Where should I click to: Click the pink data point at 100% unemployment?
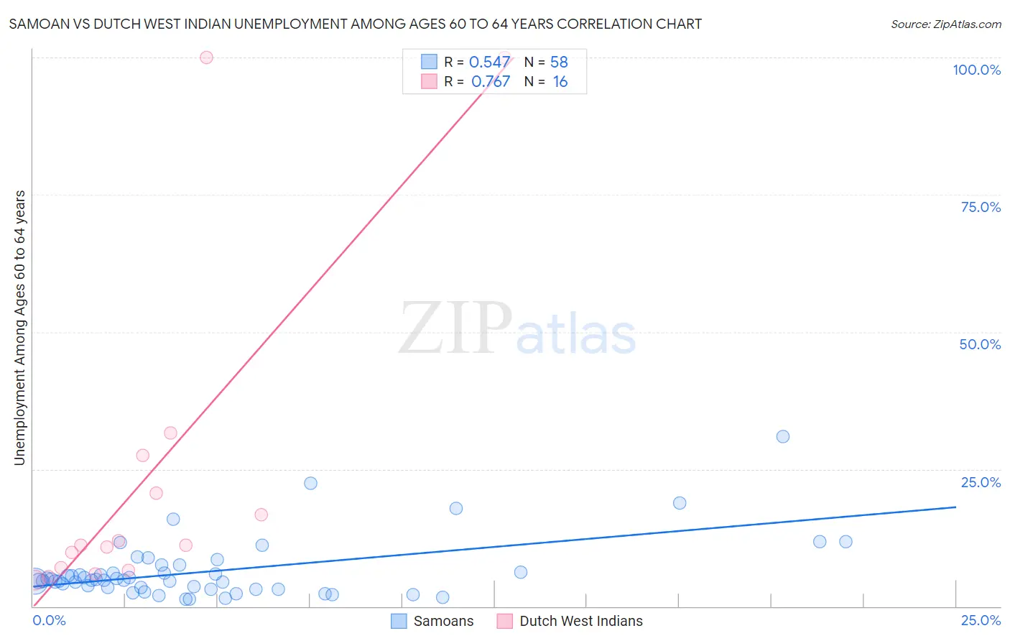click(x=206, y=57)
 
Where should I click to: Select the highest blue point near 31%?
click(x=783, y=436)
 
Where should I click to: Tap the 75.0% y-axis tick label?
click(x=981, y=207)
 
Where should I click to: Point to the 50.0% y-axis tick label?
click(x=980, y=344)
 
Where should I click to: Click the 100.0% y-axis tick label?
click(x=976, y=70)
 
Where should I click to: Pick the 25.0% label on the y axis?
click(x=981, y=482)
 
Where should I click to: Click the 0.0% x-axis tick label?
click(x=50, y=620)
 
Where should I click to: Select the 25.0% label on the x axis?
click(x=981, y=620)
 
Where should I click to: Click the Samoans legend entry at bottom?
click(x=443, y=621)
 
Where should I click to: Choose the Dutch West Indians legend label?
click(x=580, y=621)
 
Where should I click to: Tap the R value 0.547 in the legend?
click(x=489, y=63)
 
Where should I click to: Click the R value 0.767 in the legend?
click(x=491, y=82)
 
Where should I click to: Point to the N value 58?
click(x=559, y=63)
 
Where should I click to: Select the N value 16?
click(x=560, y=82)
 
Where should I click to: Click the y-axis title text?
click(x=20, y=328)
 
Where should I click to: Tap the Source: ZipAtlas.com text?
click(x=945, y=24)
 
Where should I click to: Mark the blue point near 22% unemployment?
click(x=310, y=483)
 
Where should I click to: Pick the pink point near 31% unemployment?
click(x=170, y=433)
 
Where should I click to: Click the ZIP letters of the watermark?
click(x=455, y=328)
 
